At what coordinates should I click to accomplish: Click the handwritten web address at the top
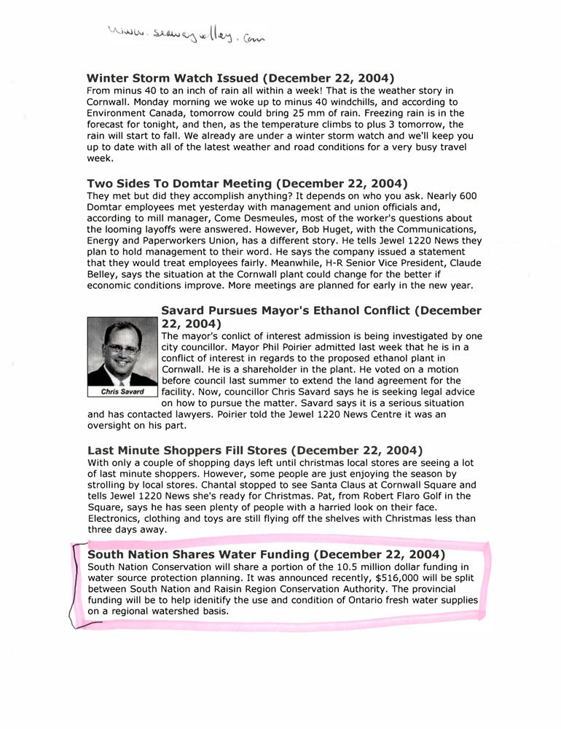[x=185, y=34]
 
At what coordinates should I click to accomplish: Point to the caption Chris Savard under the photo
[x=122, y=391]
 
